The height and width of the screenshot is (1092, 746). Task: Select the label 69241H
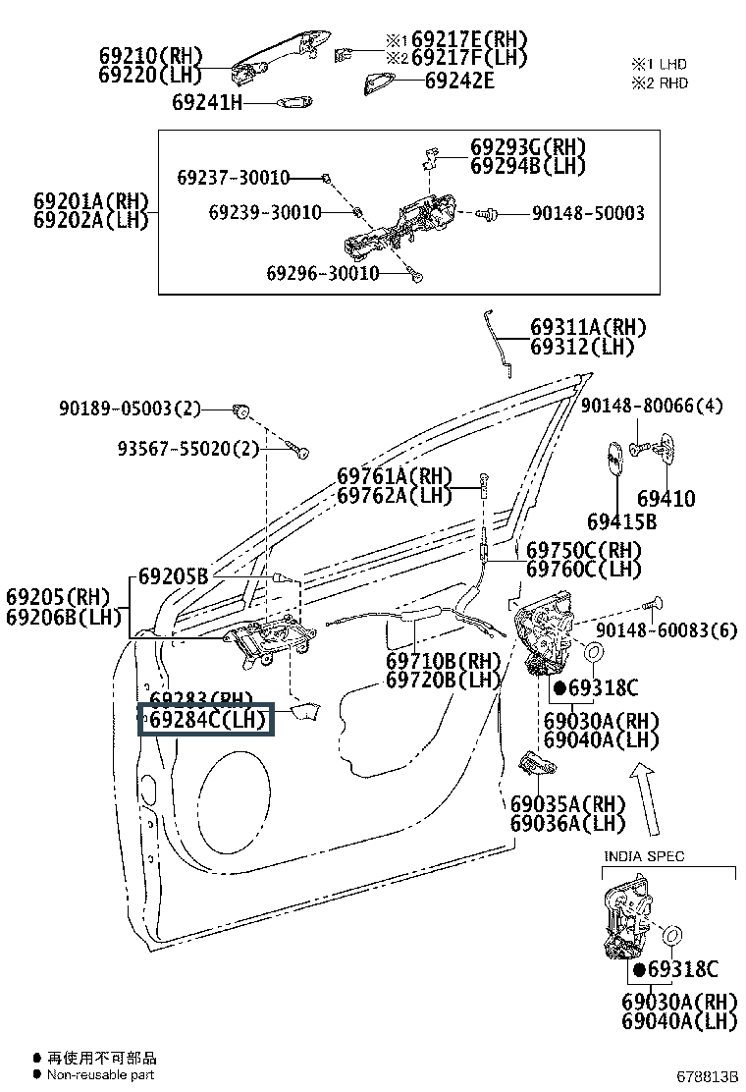206,101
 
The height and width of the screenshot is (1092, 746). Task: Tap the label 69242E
459,81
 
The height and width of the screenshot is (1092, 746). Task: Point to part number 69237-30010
234,178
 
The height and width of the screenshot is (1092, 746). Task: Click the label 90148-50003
588,213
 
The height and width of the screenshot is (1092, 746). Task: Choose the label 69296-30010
322,273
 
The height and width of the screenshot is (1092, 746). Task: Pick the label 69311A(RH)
588,328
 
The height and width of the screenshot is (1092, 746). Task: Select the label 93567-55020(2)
187,449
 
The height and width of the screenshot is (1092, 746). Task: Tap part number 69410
666,499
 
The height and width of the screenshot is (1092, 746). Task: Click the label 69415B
622,521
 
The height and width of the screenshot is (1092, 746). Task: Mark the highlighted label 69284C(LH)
207,720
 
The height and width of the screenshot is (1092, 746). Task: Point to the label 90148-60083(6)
666,630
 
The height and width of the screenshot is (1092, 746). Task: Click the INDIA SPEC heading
644,856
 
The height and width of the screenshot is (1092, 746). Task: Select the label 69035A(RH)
568,803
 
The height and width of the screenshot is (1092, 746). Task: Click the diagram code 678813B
705,1077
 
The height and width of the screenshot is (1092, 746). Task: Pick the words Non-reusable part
101,1075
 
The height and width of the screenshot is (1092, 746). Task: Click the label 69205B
173,576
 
